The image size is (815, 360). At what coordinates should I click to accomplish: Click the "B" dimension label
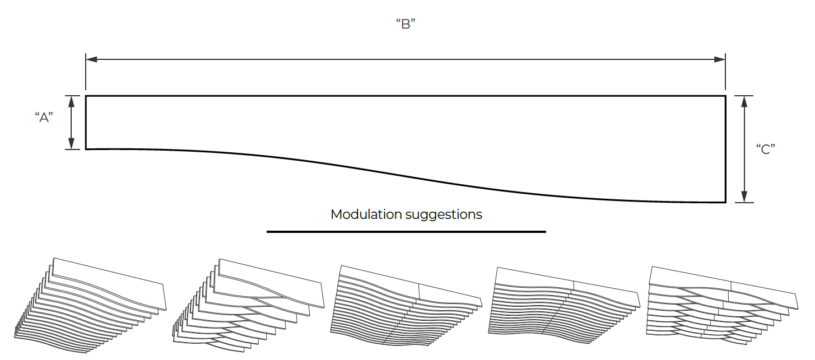[406, 24]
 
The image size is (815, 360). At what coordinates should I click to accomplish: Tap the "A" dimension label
[44, 118]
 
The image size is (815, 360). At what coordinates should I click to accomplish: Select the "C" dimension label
[766, 149]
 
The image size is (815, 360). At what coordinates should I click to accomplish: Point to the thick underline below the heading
[406, 232]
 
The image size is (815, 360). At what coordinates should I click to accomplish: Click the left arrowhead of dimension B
[91, 59]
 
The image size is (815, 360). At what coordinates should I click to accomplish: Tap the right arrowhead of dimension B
[720, 59]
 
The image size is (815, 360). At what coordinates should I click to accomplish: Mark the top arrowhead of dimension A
[72, 101]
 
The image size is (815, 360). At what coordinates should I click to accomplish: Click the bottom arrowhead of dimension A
[72, 144]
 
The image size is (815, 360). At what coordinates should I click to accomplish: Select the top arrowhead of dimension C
[744, 102]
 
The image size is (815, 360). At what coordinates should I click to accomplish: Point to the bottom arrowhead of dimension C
[744, 197]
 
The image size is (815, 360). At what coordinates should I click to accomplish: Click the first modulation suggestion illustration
[90, 306]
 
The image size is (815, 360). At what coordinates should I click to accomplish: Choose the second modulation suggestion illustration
[249, 306]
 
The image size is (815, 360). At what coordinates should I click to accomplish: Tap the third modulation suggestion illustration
[407, 306]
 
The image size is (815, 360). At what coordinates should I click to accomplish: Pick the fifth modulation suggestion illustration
[722, 306]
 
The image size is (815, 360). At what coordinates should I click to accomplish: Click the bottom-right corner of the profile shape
[725, 202]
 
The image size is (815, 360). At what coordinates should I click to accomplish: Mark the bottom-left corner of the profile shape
[86, 149]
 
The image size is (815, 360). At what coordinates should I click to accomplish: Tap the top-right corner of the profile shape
[725, 96]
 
